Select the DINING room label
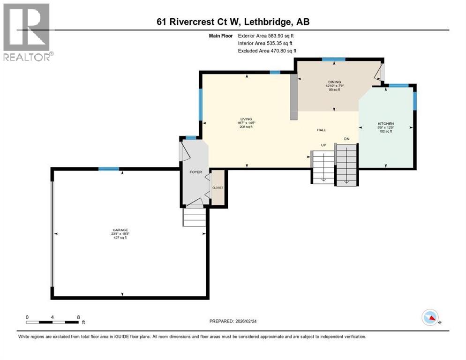coord(334,82)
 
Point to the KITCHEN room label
coord(385,124)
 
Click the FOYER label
coord(195,172)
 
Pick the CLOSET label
coord(218,187)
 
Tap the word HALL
coord(321,130)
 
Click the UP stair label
coord(323,145)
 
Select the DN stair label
coord(346,139)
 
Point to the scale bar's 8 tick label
coord(78,317)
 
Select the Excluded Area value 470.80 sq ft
coord(282,51)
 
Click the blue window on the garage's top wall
coord(108,169)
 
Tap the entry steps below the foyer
coord(194,217)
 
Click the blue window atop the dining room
coord(333,59)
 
